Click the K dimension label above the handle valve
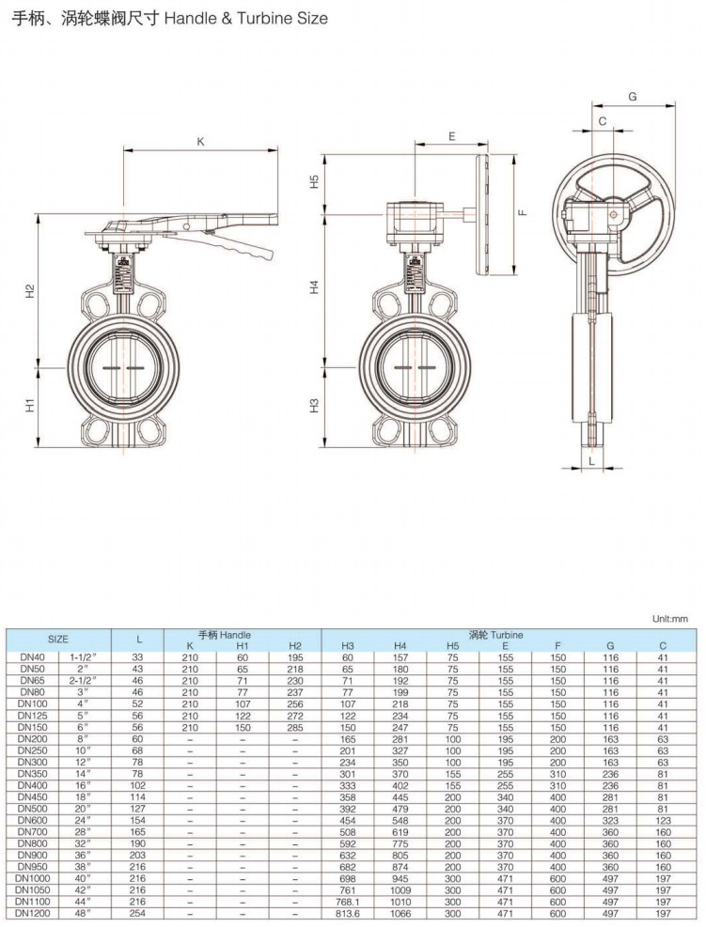200,141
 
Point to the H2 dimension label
30,291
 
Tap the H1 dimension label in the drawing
30,405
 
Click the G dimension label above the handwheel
633,97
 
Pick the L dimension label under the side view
591,461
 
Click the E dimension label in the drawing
452,136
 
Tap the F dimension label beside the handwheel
523,213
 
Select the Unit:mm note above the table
670,619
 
